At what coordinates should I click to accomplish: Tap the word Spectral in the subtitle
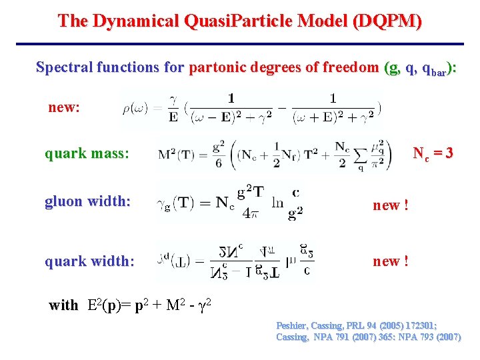click(64, 67)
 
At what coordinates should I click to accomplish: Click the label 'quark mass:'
click(87, 154)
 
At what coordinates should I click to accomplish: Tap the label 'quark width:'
click(89, 261)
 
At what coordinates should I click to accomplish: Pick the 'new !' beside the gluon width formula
click(391, 205)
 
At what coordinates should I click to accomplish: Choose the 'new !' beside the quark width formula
click(391, 261)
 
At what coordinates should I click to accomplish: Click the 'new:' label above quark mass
click(64, 107)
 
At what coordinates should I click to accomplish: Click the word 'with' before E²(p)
click(63, 305)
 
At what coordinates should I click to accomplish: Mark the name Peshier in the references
click(294, 326)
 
